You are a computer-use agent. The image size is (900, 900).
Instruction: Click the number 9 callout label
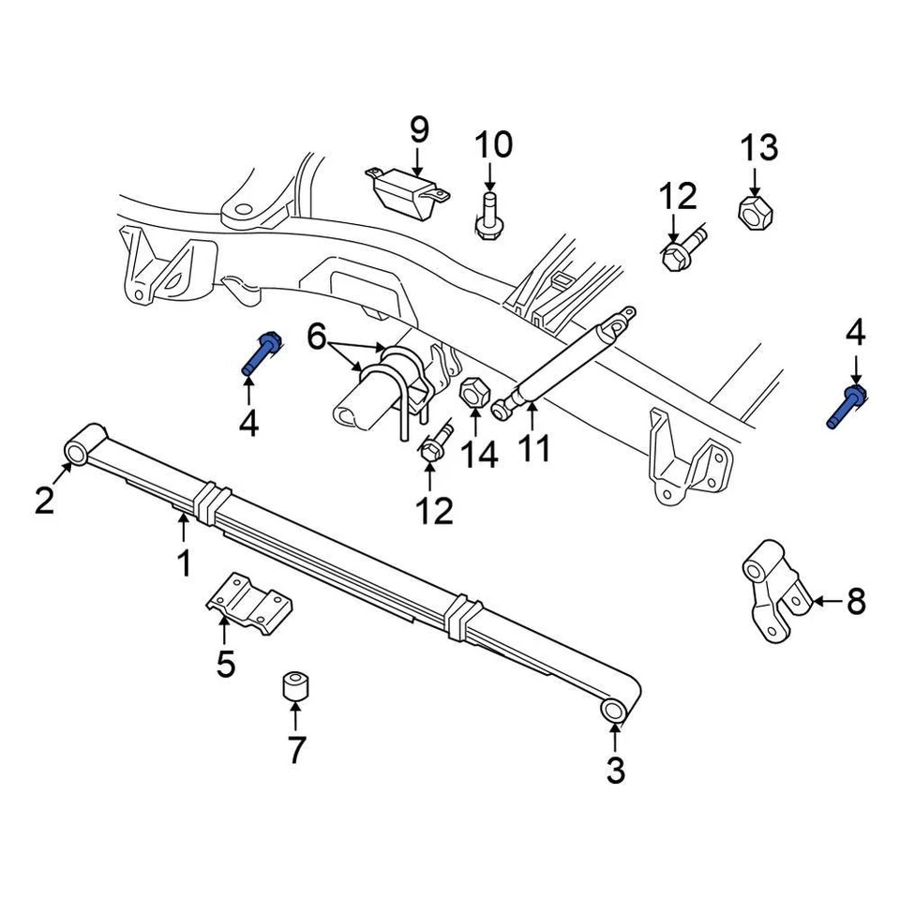click(418, 128)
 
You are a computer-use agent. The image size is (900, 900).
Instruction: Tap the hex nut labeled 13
click(755, 213)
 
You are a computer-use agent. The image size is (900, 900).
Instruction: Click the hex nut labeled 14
click(473, 392)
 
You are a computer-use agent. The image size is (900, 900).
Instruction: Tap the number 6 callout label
click(316, 335)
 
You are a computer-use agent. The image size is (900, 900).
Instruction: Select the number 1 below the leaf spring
click(184, 563)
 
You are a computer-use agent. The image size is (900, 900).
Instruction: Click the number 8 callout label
click(856, 602)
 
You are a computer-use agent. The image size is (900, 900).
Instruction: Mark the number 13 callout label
click(759, 148)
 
